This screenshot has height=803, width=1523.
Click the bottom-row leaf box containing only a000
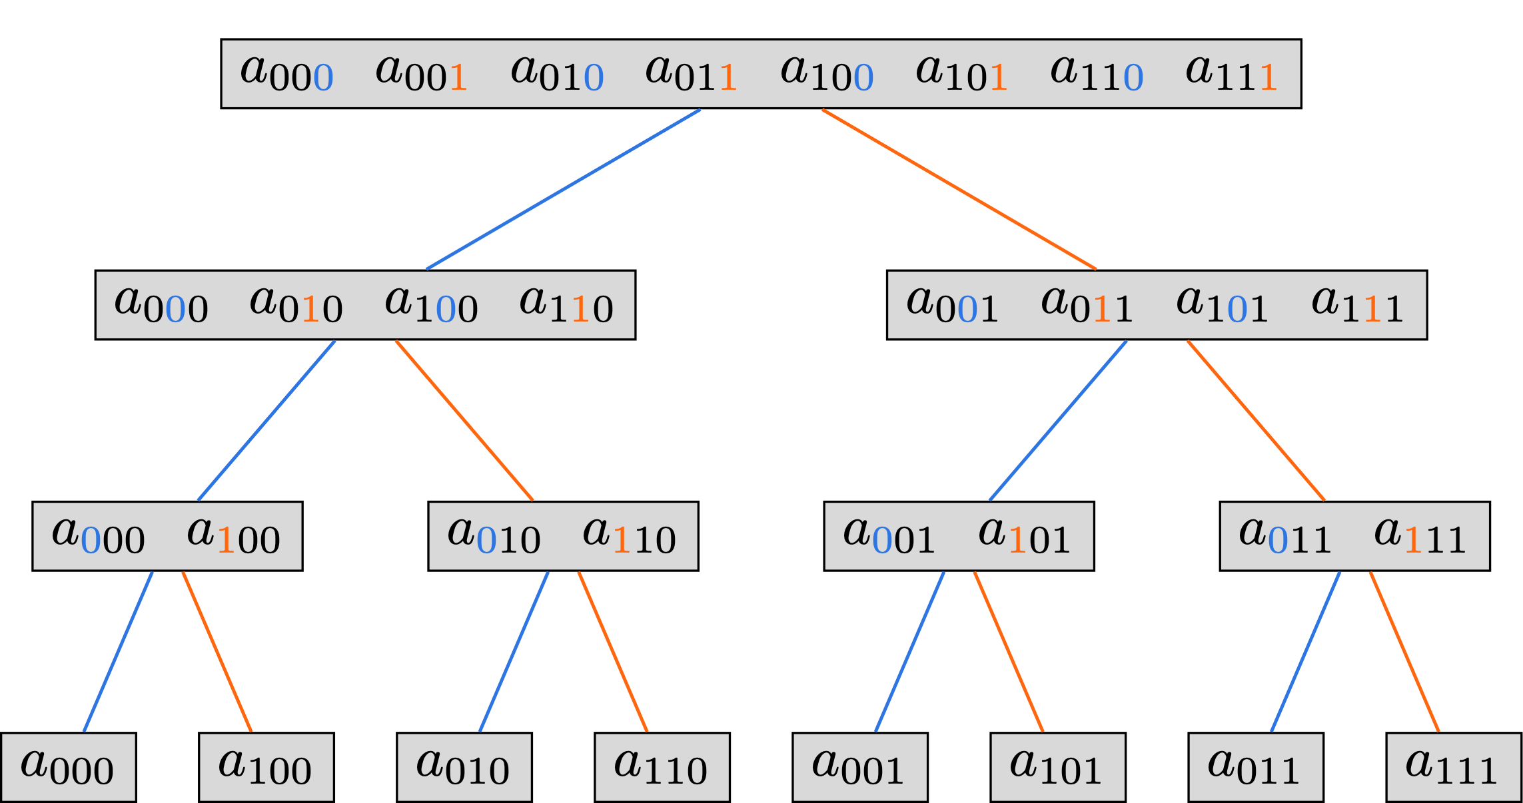[x=68, y=767]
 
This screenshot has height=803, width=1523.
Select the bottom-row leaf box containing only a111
[x=1454, y=767]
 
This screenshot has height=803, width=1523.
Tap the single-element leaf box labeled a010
[x=464, y=767]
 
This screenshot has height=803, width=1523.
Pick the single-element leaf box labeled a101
[x=1057, y=767]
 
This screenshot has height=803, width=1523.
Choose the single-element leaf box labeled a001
[x=859, y=767]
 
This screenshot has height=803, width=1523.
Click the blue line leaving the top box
[x=563, y=189]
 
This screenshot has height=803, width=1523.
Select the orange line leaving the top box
[x=959, y=189]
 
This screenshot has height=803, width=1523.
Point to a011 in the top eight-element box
[x=691, y=73]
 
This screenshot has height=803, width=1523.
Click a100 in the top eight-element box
[x=827, y=73]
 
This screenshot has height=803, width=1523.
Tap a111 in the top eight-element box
[x=1231, y=73]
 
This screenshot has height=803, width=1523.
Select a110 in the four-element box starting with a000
[x=566, y=305]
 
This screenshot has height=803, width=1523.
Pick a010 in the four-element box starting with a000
[x=296, y=305]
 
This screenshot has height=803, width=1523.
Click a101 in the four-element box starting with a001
[x=1222, y=305]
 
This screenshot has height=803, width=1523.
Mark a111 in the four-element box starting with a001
[x=1357, y=305]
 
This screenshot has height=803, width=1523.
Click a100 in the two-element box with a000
[x=233, y=536]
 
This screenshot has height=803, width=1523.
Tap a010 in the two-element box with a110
[x=494, y=536]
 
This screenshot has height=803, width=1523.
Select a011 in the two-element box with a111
[x=1285, y=536]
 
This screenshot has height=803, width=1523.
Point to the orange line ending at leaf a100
[x=217, y=651]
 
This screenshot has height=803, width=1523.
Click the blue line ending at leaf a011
[x=1305, y=651]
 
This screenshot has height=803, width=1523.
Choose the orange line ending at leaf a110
[x=612, y=651]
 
